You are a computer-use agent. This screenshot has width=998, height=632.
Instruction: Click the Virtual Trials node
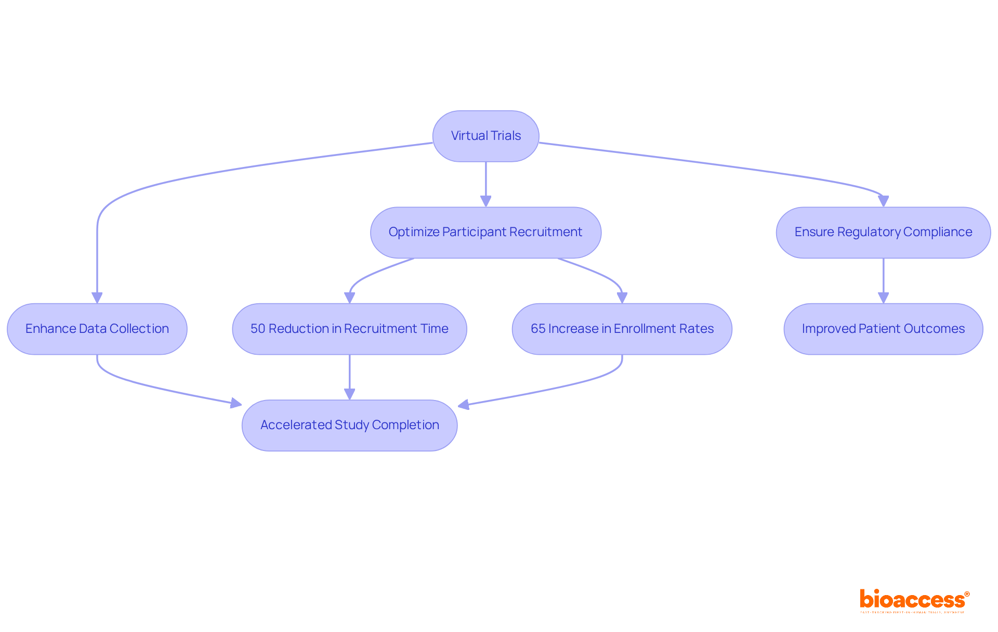point(485,136)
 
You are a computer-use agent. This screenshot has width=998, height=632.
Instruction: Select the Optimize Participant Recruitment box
point(485,232)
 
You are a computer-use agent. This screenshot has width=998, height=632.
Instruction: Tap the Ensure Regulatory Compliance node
point(883,232)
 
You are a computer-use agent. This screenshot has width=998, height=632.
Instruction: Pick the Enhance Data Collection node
point(97,329)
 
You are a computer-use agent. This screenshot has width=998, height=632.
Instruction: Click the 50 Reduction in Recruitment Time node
point(349,329)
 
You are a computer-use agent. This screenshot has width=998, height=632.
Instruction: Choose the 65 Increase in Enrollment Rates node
point(622,329)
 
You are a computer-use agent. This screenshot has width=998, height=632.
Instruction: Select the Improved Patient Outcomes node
point(883,329)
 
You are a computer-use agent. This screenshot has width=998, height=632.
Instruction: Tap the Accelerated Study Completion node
point(349,425)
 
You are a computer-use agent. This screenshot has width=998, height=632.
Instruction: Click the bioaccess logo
point(914,600)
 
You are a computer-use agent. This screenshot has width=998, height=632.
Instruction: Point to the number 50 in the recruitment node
point(258,329)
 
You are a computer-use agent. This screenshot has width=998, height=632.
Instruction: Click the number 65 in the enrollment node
point(538,329)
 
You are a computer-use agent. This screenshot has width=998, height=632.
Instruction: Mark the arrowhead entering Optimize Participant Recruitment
point(485,201)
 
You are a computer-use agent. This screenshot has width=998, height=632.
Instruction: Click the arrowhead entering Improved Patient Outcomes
point(883,298)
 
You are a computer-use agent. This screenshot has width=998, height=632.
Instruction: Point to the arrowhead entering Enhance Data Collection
point(97,298)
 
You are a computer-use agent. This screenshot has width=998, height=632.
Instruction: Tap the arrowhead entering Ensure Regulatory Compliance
point(883,201)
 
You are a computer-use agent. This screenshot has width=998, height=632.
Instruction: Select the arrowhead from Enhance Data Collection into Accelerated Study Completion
point(236,403)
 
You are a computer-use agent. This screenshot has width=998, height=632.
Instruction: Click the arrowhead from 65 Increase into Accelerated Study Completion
point(464,404)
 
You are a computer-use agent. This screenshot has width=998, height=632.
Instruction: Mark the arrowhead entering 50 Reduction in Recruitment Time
point(349,298)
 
